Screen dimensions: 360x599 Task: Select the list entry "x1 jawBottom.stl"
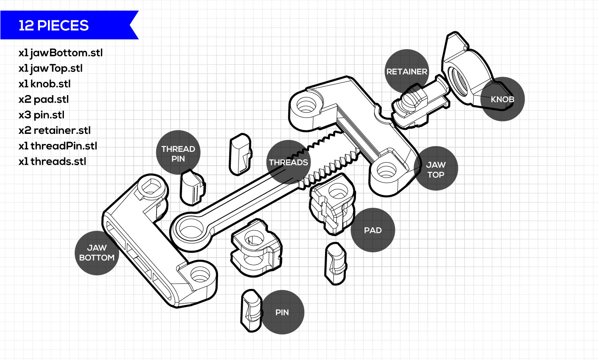click(x=60, y=53)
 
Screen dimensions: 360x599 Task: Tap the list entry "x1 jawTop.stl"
click(x=50, y=68)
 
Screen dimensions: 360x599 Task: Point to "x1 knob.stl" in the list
click(x=44, y=84)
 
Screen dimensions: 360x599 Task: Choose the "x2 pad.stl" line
click(x=44, y=99)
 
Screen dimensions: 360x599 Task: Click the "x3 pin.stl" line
click(x=41, y=115)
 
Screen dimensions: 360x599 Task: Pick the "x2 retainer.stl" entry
click(x=54, y=131)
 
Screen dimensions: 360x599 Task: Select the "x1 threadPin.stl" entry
click(x=58, y=146)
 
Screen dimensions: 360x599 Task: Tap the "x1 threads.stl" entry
click(x=52, y=162)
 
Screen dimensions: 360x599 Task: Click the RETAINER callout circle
click(x=407, y=71)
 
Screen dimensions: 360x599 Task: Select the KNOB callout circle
click(x=502, y=99)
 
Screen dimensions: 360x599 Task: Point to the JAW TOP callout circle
click(x=436, y=169)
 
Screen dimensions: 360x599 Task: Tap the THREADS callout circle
click(x=288, y=162)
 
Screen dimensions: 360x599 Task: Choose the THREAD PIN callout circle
click(x=178, y=153)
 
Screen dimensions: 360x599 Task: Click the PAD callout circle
click(x=373, y=230)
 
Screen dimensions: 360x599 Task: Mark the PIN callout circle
click(x=282, y=312)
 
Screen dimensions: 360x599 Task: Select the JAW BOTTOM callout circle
click(x=97, y=253)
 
